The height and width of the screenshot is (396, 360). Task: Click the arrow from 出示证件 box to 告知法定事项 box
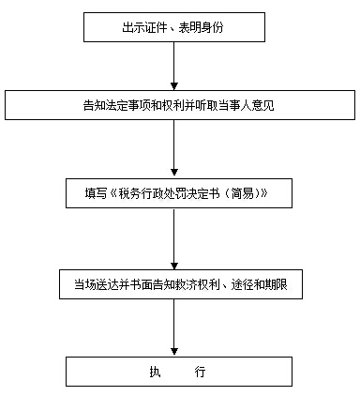(174, 66)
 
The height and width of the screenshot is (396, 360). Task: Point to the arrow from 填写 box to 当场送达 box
(174, 238)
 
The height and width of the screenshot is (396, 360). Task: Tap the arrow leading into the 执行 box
(174, 327)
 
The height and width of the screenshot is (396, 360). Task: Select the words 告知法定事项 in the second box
(115, 105)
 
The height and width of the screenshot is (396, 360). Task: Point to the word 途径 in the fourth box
(231, 283)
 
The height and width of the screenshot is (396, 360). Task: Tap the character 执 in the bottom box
(155, 373)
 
